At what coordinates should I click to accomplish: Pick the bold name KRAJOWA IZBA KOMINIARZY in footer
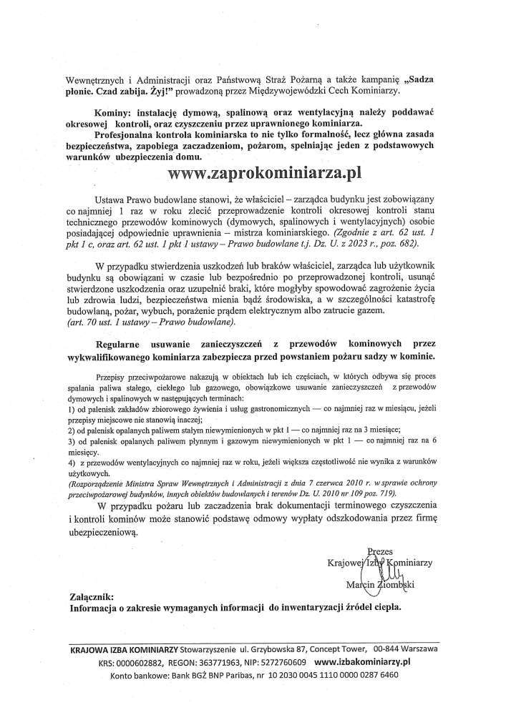click(x=124, y=650)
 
